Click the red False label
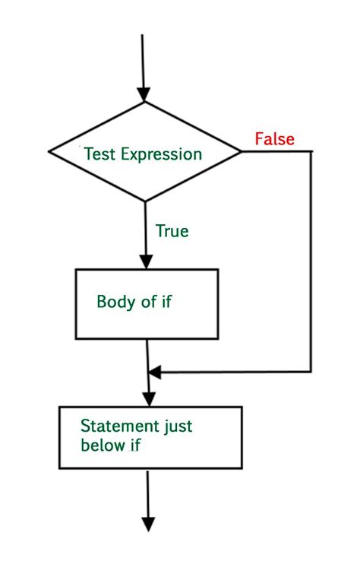pos(274,139)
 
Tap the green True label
pos(172,230)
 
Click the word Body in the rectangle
pos(111,301)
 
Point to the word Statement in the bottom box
pos(114,426)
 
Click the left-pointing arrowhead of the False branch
pos(154,372)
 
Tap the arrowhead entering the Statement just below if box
pos(149,398)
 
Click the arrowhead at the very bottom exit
pos(148,524)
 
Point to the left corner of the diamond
pos(49,152)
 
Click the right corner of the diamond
pos(241,152)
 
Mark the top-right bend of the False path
pos(311,152)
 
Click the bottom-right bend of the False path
pos(311,372)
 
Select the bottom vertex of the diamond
pos(144,201)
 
